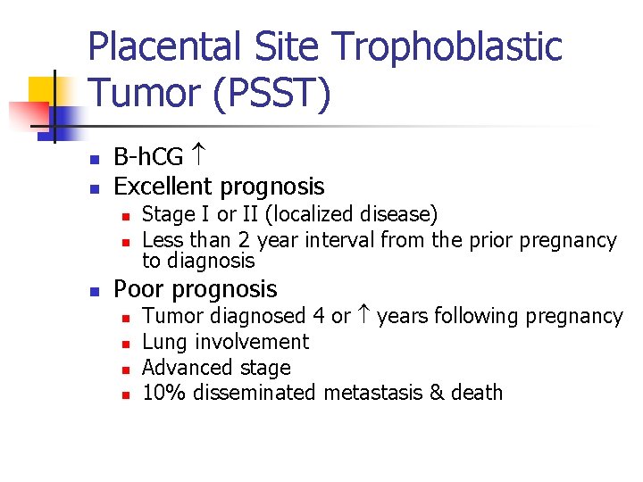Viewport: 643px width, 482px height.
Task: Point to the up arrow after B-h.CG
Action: click(x=199, y=157)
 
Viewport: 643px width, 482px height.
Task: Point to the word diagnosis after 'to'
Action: click(x=211, y=261)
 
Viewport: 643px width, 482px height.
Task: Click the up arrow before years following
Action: click(x=363, y=316)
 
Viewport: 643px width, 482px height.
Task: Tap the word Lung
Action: click(x=163, y=342)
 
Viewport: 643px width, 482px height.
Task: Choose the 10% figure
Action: click(x=164, y=393)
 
